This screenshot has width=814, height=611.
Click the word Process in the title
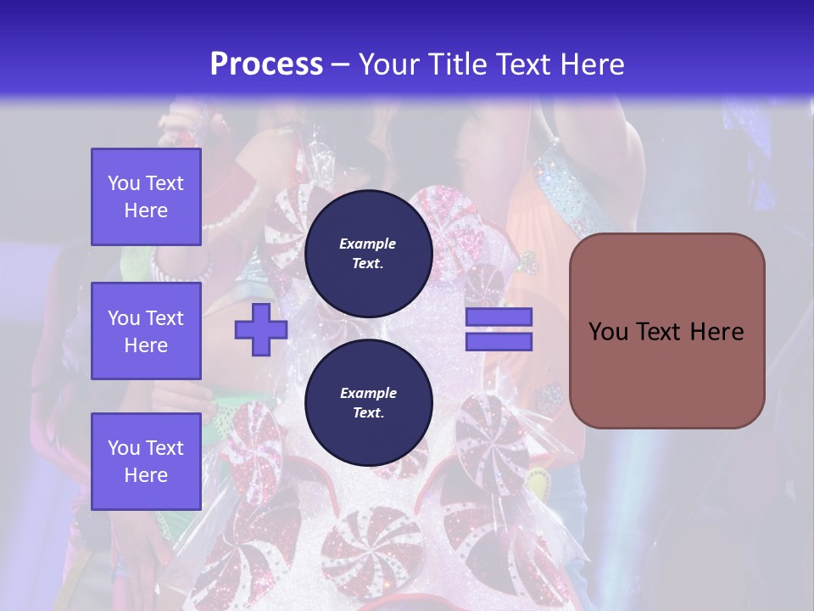(266, 64)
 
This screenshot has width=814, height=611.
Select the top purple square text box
(146, 197)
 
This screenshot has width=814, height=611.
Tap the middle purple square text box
(146, 331)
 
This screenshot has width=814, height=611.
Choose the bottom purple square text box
(146, 462)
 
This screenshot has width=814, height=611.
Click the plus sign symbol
(261, 329)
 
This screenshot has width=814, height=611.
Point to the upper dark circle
(368, 253)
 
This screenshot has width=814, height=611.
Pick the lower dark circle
(368, 402)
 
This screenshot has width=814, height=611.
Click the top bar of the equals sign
(499, 317)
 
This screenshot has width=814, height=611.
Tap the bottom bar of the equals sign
(499, 341)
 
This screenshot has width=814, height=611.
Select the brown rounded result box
(666, 331)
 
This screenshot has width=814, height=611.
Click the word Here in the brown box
(716, 332)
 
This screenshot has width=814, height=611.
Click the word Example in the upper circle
(368, 244)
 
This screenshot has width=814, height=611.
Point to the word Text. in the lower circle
(368, 413)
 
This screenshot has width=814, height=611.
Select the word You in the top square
(124, 183)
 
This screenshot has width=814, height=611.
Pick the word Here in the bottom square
(146, 475)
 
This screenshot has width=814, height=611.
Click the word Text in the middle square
(164, 318)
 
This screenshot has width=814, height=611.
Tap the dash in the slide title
(341, 64)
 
